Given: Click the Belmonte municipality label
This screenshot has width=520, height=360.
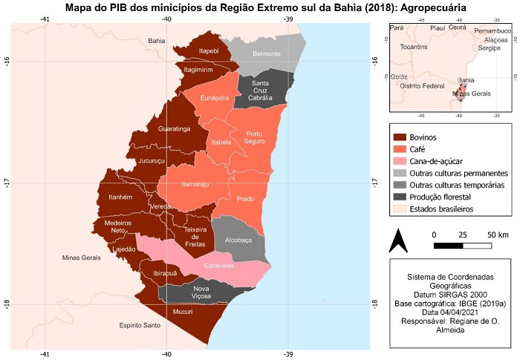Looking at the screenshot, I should point(266,54).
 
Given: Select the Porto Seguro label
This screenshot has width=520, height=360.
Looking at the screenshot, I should point(255,137).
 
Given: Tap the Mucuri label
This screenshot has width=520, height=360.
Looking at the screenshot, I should point(183,312).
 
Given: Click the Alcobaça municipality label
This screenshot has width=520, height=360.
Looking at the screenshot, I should point(240,240).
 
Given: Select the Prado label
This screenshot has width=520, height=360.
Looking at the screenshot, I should point(245,199).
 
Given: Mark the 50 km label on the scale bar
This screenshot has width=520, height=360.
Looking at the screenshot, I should point(497,235).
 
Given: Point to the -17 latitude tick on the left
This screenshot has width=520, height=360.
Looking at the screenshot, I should point(8,182).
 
